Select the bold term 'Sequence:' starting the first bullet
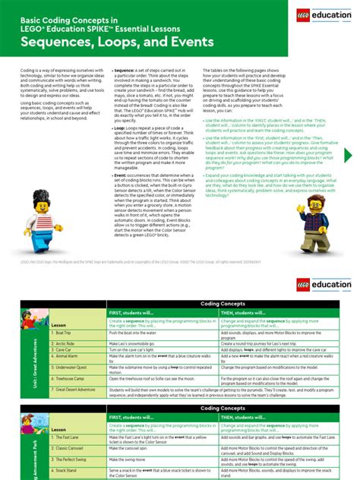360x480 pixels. tap(125, 70)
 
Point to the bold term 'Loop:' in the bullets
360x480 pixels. tap(119, 129)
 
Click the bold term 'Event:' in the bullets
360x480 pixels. tap(120, 174)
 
